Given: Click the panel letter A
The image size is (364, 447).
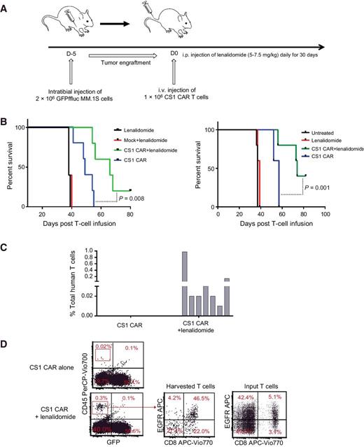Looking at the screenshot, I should [6, 6].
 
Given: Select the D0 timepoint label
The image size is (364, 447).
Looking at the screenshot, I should [173, 57].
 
